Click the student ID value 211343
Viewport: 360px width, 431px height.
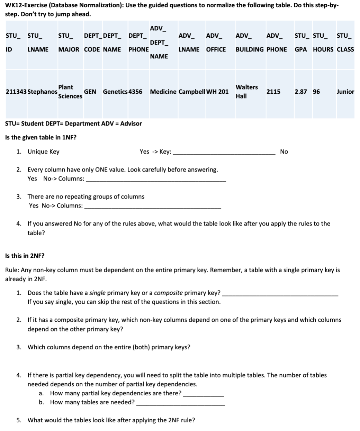point(16,92)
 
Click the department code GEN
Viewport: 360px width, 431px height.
point(90,92)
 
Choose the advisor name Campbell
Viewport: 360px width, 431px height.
point(192,92)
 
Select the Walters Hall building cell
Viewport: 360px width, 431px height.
point(246,92)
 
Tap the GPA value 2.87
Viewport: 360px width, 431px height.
point(300,92)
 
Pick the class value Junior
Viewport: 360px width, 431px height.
point(345,92)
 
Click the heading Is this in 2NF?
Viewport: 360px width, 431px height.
point(25,256)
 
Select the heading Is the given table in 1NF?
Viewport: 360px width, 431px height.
point(41,137)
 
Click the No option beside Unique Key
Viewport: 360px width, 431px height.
point(284,152)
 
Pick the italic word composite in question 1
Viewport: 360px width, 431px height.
point(168,293)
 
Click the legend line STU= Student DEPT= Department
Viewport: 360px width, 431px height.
point(73,123)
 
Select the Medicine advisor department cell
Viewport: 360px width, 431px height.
point(163,92)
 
